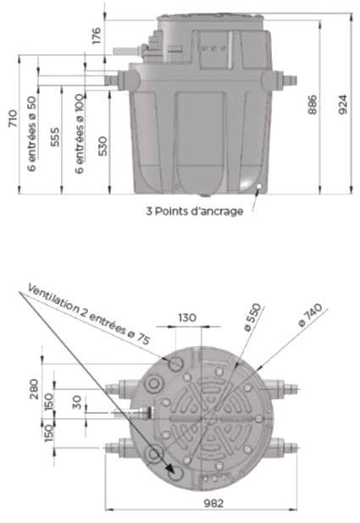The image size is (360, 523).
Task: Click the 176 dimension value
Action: click(96, 35)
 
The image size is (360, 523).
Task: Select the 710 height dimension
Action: click(13, 118)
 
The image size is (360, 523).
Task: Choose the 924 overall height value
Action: click(344, 103)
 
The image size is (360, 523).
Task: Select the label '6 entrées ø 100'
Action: click(80, 135)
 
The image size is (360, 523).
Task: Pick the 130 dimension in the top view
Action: click(187, 318)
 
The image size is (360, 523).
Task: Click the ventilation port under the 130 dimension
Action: click(176, 363)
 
